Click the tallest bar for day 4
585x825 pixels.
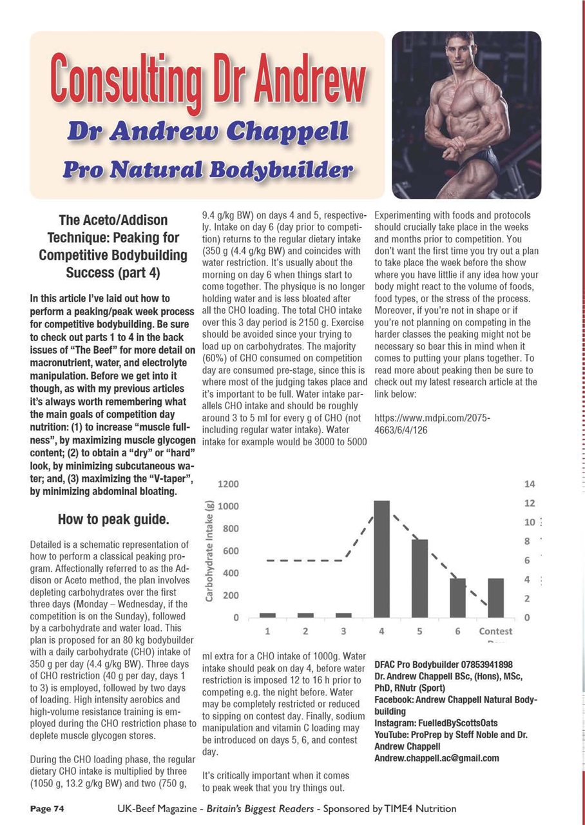pyautogui.click(x=381, y=559)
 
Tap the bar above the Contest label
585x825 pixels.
pyautogui.click(x=495, y=597)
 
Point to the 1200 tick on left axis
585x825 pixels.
pyautogui.click(x=227, y=484)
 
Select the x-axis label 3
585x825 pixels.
pyautogui.click(x=343, y=631)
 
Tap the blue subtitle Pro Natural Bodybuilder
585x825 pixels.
pyautogui.click(x=207, y=170)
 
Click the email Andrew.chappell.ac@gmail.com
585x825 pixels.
pyautogui.click(x=436, y=758)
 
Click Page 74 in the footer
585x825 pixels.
pyautogui.click(x=46, y=808)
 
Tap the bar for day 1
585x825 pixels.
pyautogui.click(x=267, y=615)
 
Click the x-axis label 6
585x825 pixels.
pyautogui.click(x=457, y=631)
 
